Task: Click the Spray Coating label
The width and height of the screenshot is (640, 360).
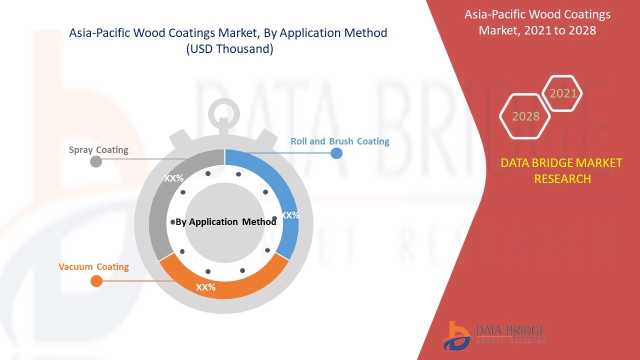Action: tap(98, 150)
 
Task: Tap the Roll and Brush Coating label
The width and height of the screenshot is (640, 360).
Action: tap(339, 141)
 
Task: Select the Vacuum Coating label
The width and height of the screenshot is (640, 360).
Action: tap(93, 266)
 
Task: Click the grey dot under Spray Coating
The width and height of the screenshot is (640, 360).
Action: tap(96, 161)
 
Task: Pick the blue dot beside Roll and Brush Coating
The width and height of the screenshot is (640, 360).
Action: tap(336, 153)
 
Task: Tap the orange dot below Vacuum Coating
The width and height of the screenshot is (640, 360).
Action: tap(96, 281)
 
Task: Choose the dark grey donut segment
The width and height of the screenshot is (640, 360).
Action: tap(165, 194)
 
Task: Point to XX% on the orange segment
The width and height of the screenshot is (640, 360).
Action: tap(205, 287)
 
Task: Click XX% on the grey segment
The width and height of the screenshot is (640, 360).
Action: tap(173, 178)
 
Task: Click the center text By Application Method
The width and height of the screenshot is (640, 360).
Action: tap(225, 221)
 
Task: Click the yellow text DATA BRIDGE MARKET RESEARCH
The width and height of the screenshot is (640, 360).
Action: tap(561, 171)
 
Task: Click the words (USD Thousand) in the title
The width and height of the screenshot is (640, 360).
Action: tap(229, 49)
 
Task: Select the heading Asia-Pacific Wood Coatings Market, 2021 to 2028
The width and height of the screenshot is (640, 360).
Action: tap(537, 22)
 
